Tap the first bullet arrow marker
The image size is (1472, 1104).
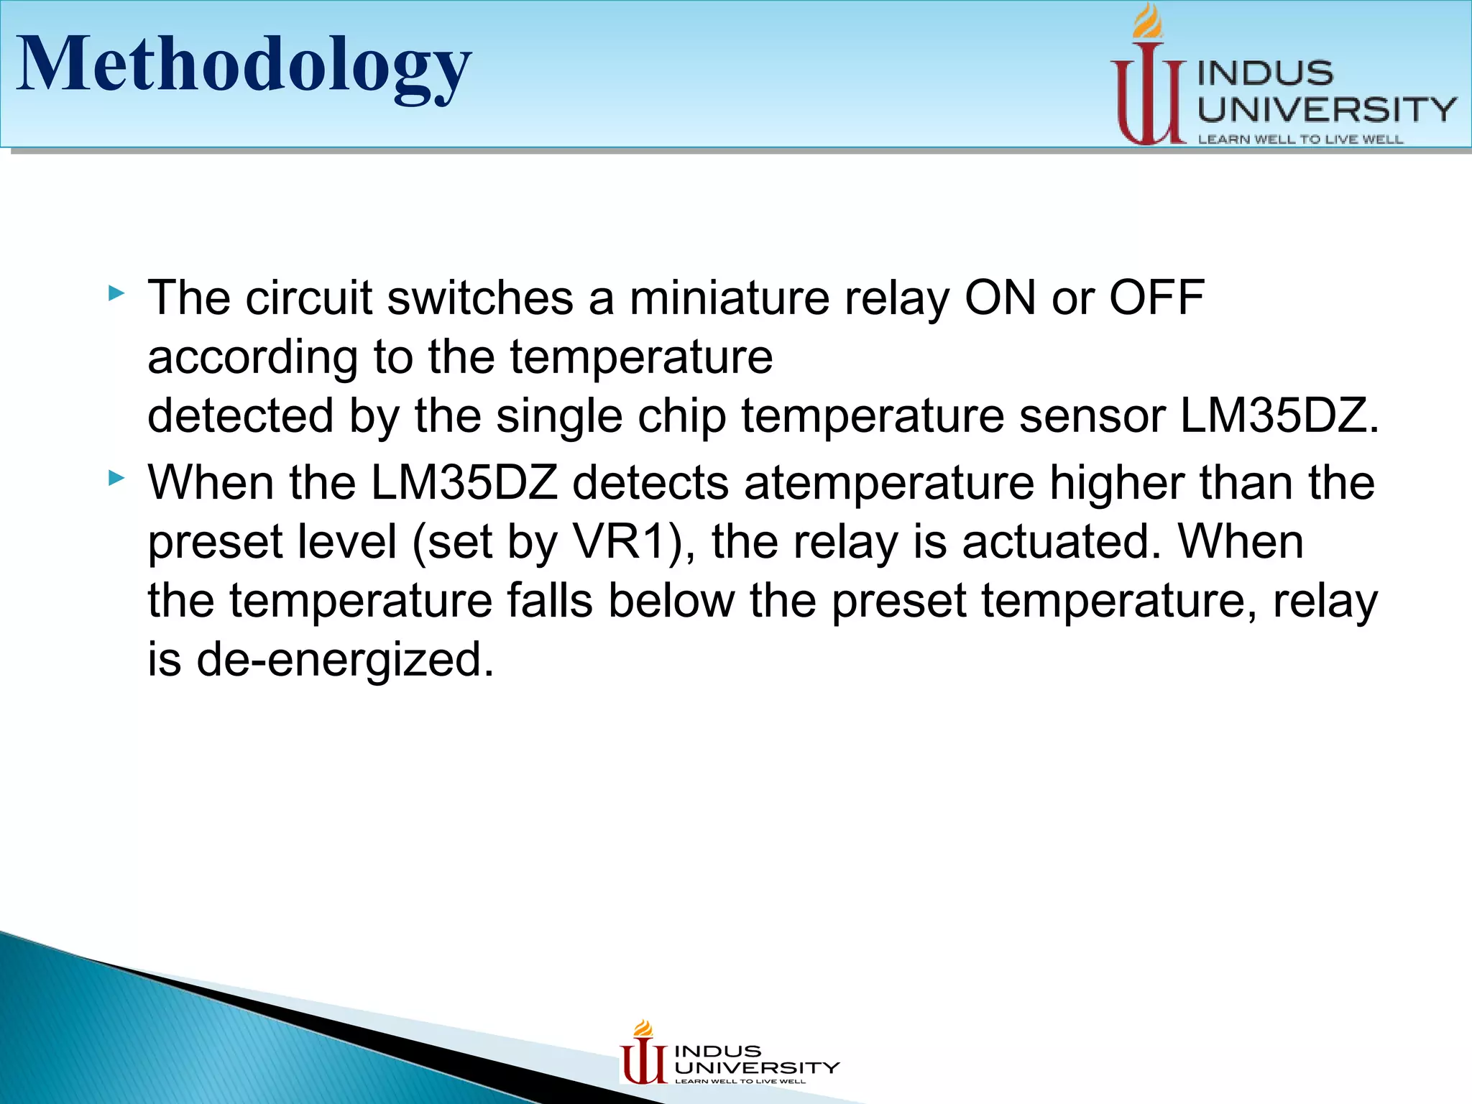116,293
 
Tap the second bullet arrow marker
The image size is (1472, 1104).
116,478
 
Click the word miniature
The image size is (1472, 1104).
729,298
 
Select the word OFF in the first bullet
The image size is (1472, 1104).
1156,298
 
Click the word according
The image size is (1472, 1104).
252,357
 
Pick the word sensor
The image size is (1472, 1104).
1091,416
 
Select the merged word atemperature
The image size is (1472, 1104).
888,483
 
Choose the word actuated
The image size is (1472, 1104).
1061,542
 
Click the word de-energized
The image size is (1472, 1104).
345,660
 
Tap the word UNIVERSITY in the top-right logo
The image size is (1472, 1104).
1326,110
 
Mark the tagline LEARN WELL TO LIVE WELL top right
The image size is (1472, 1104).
1299,139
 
